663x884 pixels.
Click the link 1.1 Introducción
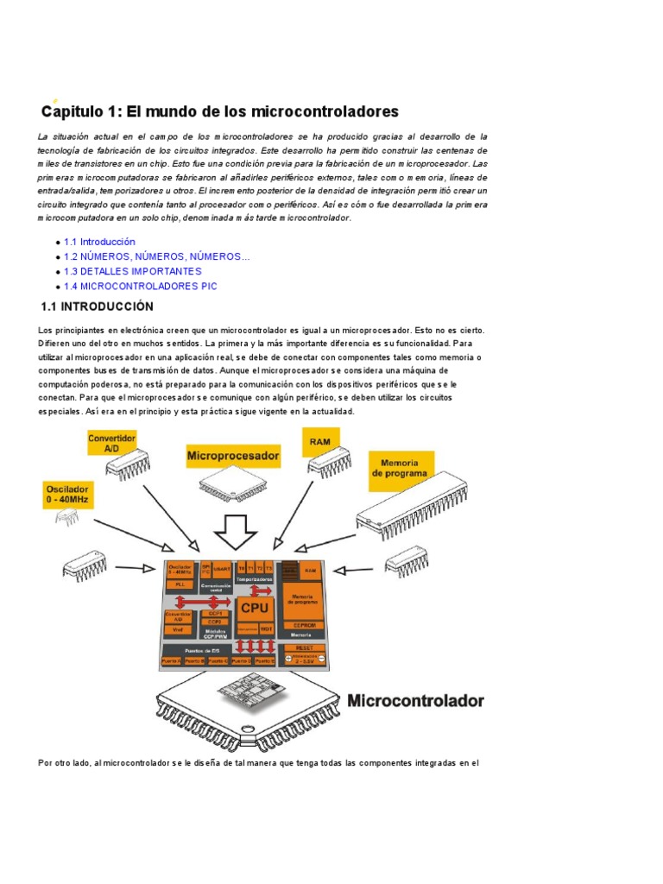[99, 243]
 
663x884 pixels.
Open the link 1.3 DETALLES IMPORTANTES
[132, 271]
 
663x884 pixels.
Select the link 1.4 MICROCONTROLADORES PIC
[140, 286]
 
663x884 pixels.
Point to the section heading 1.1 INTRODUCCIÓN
[97, 307]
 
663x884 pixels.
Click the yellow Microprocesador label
[233, 454]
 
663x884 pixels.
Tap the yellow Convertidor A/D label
[111, 444]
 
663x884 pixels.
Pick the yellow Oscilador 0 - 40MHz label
[68, 495]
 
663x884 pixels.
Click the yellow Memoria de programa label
[399, 469]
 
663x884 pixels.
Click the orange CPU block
[255, 607]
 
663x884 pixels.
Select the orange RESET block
[304, 647]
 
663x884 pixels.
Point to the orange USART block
[221, 570]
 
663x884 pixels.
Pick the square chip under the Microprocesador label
[231, 486]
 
